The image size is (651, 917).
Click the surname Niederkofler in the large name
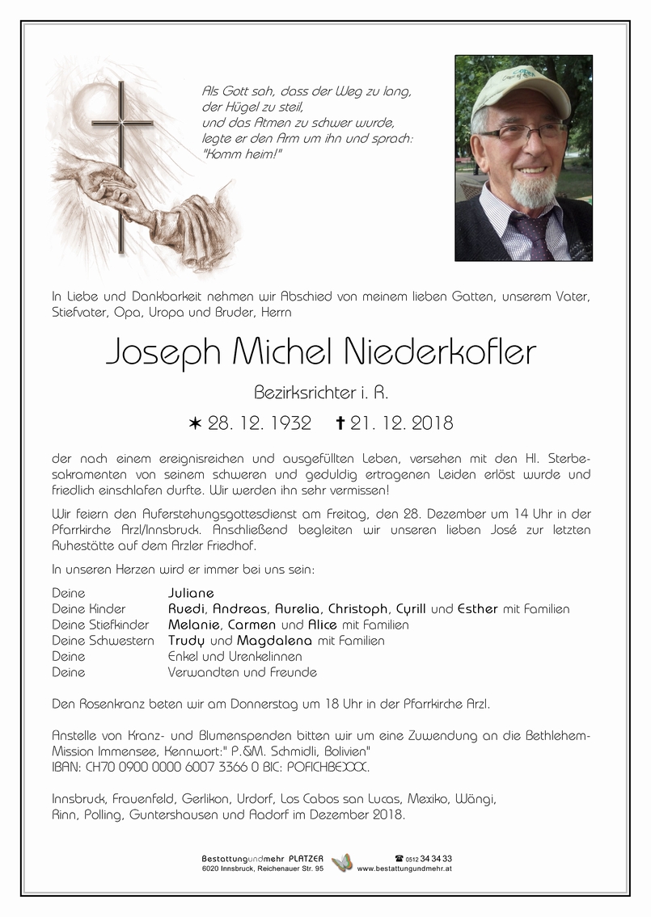tap(440, 352)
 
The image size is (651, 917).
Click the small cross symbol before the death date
tap(340, 422)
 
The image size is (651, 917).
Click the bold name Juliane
tap(191, 593)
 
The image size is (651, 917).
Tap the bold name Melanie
tap(192, 625)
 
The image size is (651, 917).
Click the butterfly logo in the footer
tap(343, 863)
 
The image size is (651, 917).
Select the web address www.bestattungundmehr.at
tap(404, 869)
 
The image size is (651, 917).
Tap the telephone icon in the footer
tap(399, 858)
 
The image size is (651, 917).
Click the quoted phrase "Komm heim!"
tap(231, 154)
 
